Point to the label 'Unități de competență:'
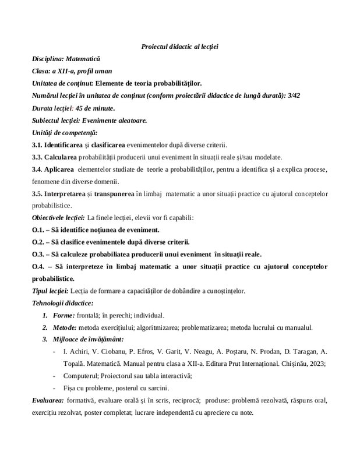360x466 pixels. point(65,133)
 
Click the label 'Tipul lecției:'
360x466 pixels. point(51,291)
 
